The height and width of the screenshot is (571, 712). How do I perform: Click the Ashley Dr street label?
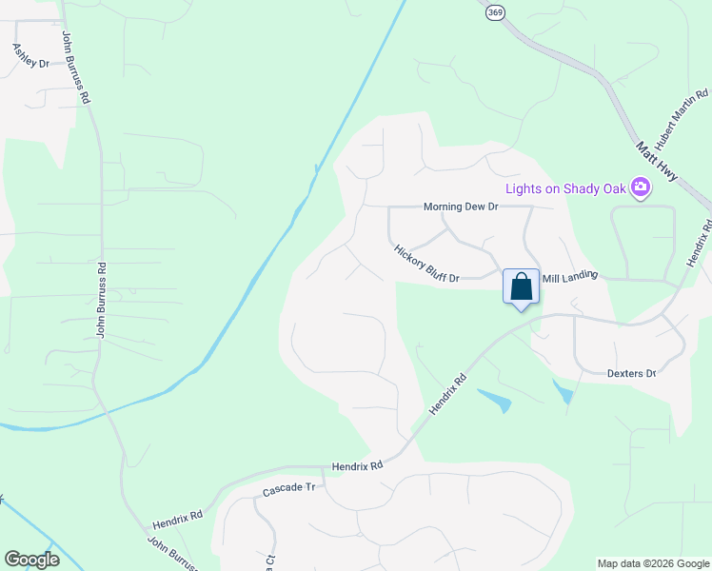(x=30, y=55)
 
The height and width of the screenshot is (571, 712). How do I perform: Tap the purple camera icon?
(x=641, y=188)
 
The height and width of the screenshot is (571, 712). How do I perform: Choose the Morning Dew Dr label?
(x=461, y=207)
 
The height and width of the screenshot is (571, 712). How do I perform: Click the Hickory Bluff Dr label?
(x=426, y=264)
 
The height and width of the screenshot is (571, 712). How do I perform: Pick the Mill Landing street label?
(x=569, y=277)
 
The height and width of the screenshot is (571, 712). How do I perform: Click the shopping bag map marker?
(x=521, y=287)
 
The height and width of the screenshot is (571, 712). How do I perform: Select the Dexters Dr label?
(x=632, y=373)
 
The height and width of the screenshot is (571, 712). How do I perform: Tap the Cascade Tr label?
(x=288, y=487)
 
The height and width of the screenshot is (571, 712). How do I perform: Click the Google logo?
(x=31, y=560)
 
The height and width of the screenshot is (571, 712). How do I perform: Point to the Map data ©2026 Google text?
(x=653, y=563)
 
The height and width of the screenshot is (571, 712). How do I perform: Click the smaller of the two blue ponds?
(x=564, y=390)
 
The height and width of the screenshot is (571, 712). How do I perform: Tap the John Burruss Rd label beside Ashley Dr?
(x=76, y=68)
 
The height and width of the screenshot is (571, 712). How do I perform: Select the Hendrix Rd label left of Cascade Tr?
(x=178, y=520)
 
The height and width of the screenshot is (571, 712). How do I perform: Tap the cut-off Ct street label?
(x=270, y=561)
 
